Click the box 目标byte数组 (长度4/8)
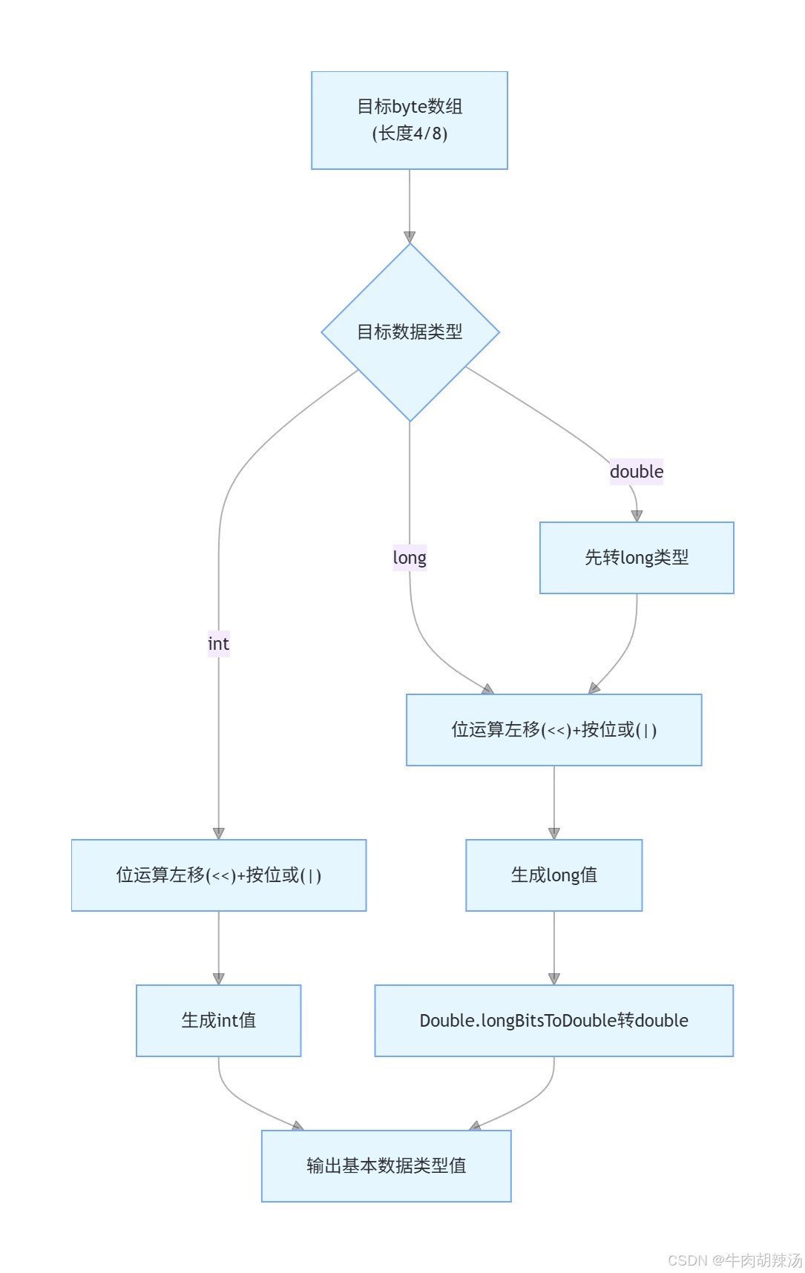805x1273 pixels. (410, 120)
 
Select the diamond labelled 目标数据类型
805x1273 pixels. (410, 332)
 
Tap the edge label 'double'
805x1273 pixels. (637, 472)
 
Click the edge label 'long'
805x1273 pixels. (410, 558)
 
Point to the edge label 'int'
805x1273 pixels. (218, 644)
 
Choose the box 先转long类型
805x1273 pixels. (637, 558)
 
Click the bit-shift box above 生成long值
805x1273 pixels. (553, 730)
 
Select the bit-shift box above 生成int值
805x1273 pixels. (219, 875)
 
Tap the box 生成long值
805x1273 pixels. (553, 875)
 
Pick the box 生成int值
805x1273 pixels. (219, 1021)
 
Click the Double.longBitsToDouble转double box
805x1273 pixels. (553, 1021)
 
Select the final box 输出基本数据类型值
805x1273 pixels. (386, 1166)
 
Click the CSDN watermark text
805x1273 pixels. (735, 1260)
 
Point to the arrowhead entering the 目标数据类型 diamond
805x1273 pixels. (410, 237)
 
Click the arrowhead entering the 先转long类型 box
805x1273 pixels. (637, 516)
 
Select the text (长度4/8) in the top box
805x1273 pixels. (410, 134)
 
